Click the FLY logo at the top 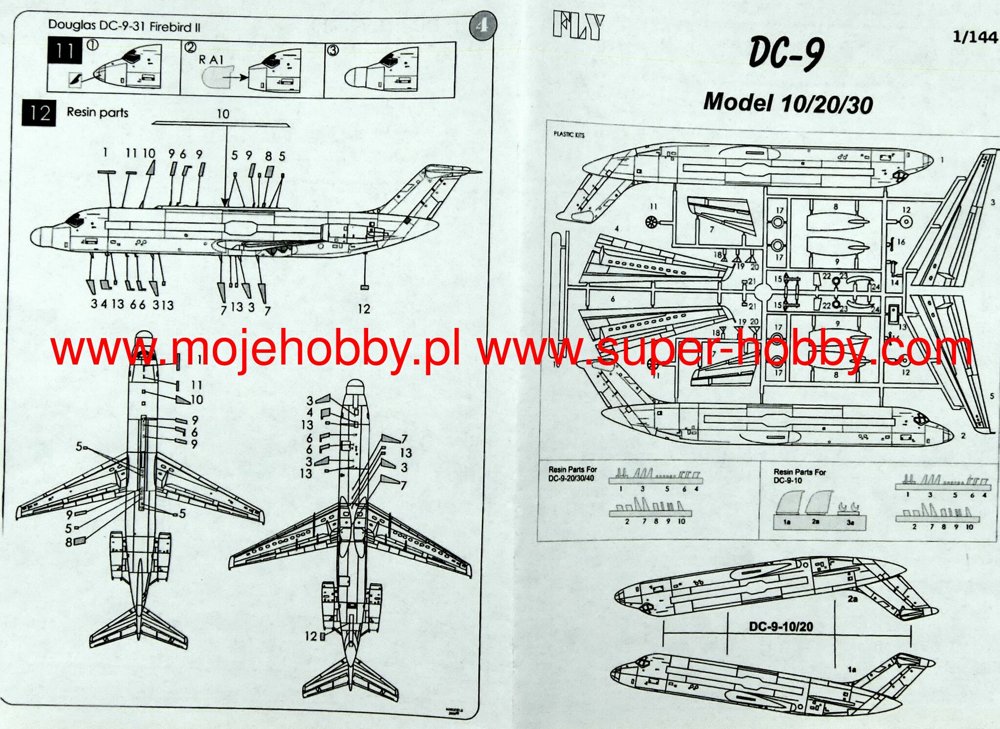pos(579,27)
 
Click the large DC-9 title pos(787,53)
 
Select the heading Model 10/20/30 pos(788,103)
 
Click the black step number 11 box pos(64,51)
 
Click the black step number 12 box pos(39,113)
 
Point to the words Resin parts pos(97,112)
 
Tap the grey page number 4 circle pos(482,25)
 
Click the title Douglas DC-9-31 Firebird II pos(124,26)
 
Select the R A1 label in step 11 pos(211,60)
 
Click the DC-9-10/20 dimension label pos(781,627)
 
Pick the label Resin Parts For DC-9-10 pos(799,476)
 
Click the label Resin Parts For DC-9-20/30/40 pos(572,473)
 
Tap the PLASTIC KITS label pos(569,134)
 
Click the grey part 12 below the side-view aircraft pos(364,288)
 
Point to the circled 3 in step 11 pos(333,50)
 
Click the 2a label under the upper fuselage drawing pos(853,599)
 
